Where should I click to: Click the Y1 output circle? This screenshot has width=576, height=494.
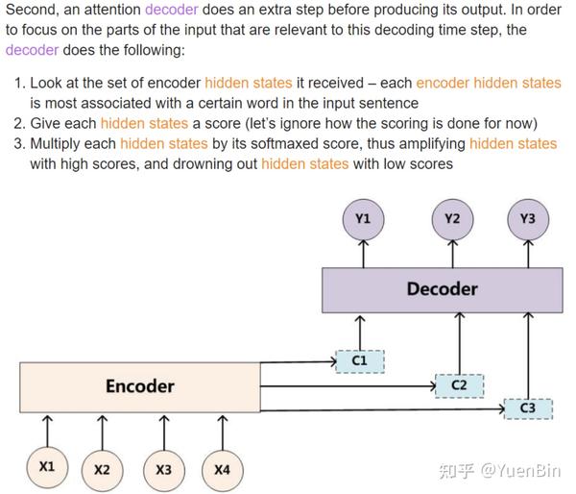pyautogui.click(x=363, y=219)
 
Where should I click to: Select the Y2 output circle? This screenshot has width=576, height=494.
pyautogui.click(x=452, y=219)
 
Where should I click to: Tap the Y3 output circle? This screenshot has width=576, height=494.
pyautogui.click(x=527, y=219)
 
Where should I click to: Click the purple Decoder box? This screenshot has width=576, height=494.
pyautogui.click(x=442, y=289)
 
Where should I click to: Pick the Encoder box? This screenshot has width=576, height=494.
pyautogui.click(x=140, y=386)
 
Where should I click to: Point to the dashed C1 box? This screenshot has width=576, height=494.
pyautogui.click(x=360, y=360)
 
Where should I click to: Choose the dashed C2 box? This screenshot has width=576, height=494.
pyautogui.click(x=459, y=385)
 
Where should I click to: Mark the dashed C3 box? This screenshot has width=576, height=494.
pyautogui.click(x=527, y=409)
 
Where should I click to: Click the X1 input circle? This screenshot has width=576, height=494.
pyautogui.click(x=47, y=467)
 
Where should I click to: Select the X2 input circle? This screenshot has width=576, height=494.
pyautogui.click(x=103, y=470)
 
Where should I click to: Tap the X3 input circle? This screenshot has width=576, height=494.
pyautogui.click(x=163, y=470)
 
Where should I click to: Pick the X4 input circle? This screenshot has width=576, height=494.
pyautogui.click(x=222, y=470)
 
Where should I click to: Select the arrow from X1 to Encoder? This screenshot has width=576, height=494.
pyautogui.click(x=47, y=429)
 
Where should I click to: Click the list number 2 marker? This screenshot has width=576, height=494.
pyautogui.click(x=19, y=124)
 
